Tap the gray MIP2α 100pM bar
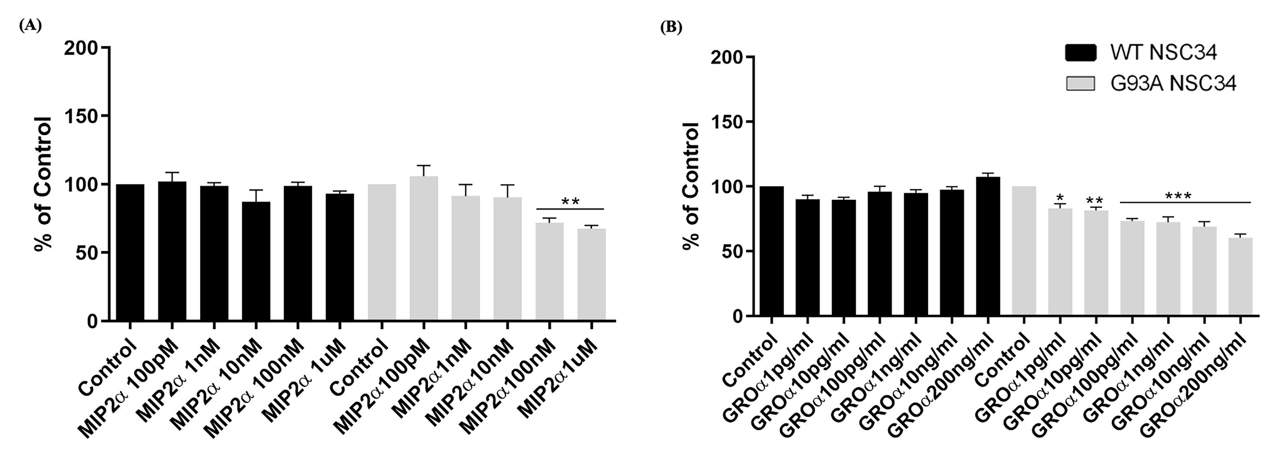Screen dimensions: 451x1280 pyautogui.click(x=423, y=249)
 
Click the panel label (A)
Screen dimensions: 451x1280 pyautogui.click(x=30, y=26)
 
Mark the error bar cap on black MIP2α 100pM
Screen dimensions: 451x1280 pyautogui.click(x=172, y=172)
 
